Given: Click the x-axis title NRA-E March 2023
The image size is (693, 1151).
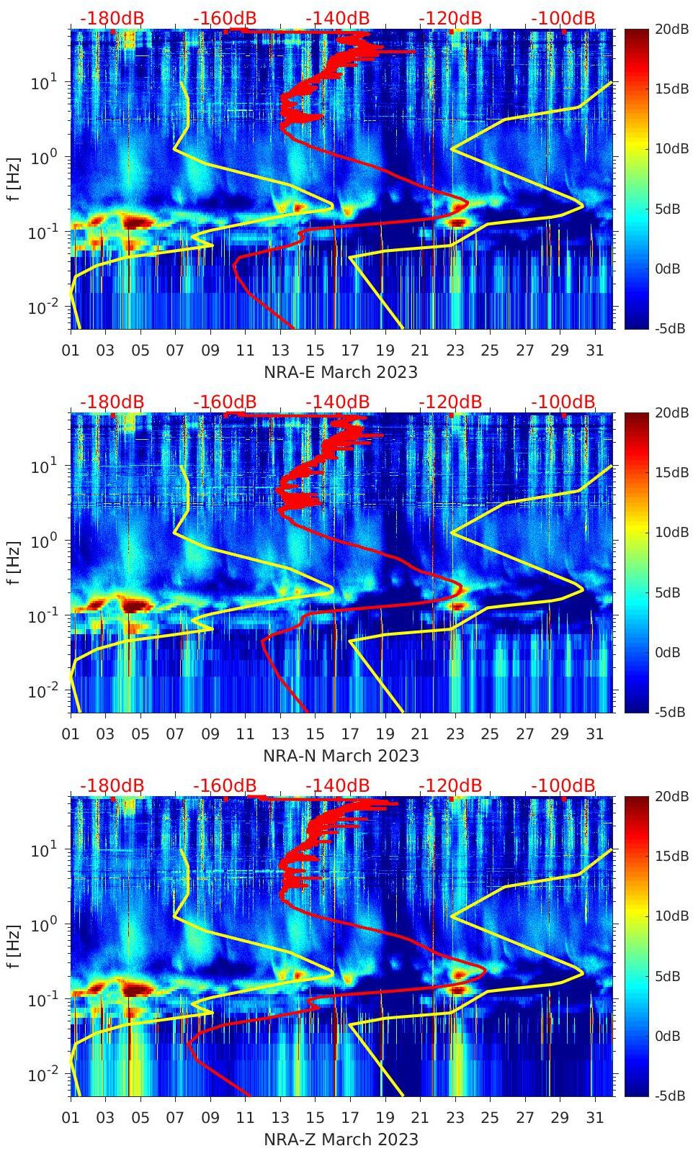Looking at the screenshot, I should coord(341,372).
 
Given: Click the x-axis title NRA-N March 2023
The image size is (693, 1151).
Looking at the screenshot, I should coord(341,756).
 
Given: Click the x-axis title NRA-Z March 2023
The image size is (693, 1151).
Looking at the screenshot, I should coord(341,1139).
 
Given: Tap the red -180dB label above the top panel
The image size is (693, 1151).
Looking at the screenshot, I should coord(112,18).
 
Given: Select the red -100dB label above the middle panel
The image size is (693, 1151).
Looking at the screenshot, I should coord(563,402).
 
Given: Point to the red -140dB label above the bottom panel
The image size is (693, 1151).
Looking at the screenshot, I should coord(337,785).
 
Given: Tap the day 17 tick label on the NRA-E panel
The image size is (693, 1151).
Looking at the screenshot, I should coord(350,351).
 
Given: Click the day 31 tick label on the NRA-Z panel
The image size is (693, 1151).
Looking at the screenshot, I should coord(594,1118).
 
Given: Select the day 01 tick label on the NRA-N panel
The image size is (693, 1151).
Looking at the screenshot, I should coord(71,734).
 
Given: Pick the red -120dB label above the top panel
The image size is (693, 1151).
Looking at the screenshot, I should coord(450,18).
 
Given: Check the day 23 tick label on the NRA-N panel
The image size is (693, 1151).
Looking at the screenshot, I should coord(455,734).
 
